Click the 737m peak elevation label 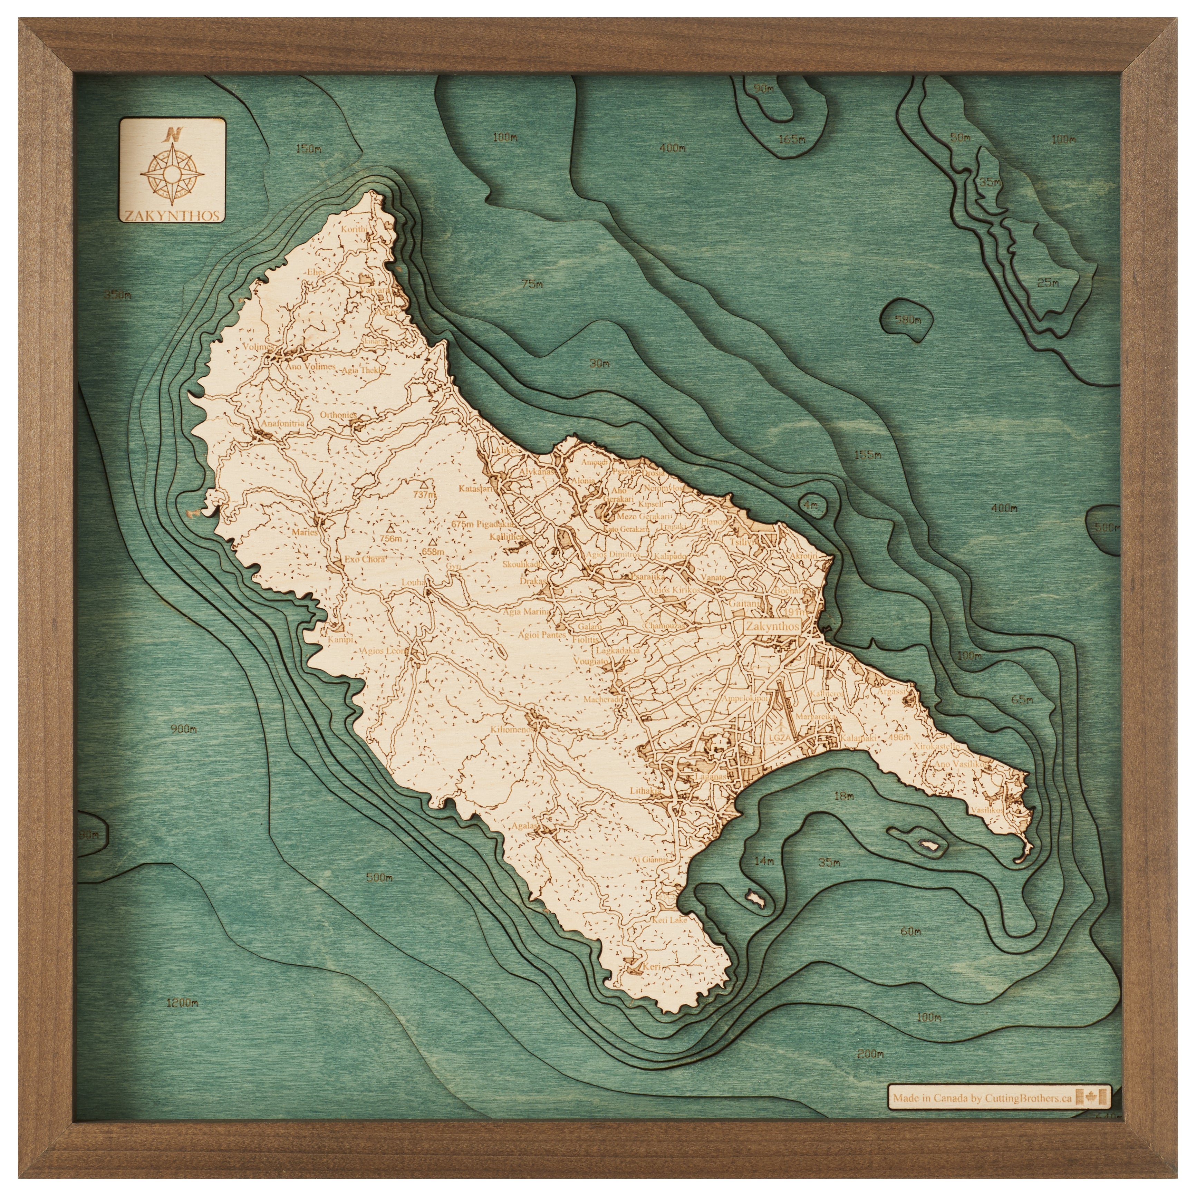424,495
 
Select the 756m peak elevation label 390,538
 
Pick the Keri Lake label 669,938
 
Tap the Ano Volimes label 309,366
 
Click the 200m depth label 871,1054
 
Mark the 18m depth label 844,796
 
